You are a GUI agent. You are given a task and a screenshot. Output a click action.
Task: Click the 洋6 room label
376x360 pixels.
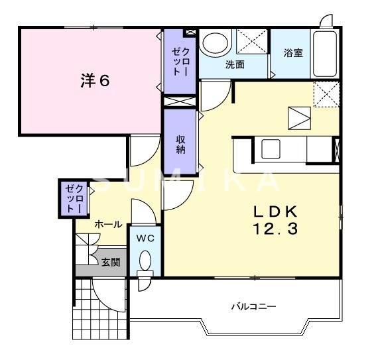pyautogui.click(x=95, y=81)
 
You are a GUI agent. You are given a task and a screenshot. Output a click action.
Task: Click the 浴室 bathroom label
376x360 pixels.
pyautogui.click(x=293, y=53)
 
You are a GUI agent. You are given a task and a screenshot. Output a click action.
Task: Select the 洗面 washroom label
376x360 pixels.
pyautogui.click(x=234, y=65)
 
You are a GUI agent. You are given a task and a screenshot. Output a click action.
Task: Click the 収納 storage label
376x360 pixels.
pyautogui.click(x=180, y=144)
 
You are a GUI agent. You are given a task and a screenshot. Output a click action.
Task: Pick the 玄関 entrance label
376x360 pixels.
pyautogui.click(x=111, y=263)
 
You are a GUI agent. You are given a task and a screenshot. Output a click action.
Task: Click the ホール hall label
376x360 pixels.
pyautogui.click(x=107, y=224)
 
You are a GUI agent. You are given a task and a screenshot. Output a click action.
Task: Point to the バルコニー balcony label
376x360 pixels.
pyautogui.click(x=253, y=306)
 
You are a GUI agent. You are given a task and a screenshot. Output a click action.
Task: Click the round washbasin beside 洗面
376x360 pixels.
pyautogui.click(x=214, y=44)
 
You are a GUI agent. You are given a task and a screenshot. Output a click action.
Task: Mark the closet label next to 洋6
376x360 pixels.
pyautogui.click(x=180, y=61)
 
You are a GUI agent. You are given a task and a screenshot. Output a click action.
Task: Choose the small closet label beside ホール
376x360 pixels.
pyautogui.click(x=72, y=198)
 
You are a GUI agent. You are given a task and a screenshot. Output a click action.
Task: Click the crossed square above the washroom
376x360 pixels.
pyautogui.click(x=251, y=42)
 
